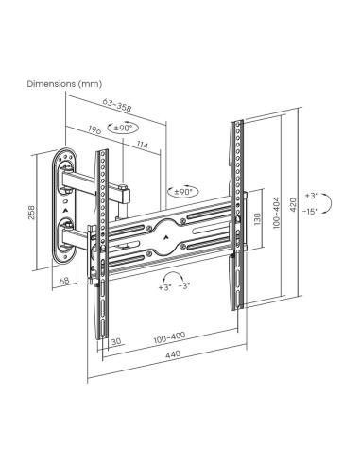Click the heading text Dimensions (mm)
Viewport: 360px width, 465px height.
click(62, 84)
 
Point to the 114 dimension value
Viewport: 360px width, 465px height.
click(142, 144)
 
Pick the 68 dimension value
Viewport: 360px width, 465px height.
click(64, 280)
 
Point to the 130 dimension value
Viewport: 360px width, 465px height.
click(256, 217)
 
